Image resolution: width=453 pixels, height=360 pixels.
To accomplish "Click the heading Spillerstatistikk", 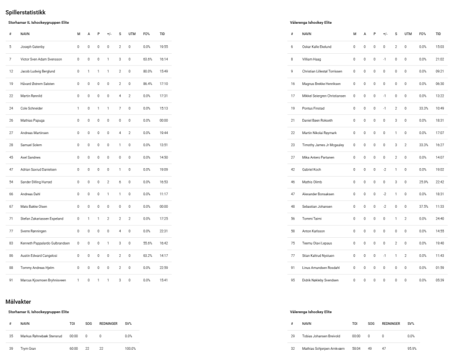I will [x=26, y=11].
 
